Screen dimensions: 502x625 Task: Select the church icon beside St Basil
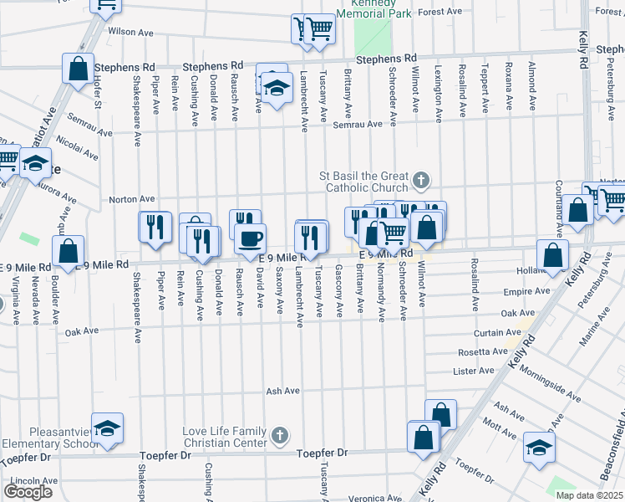(x=423, y=178)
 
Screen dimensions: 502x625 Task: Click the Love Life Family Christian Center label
(x=223, y=436)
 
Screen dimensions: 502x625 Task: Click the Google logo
(x=28, y=491)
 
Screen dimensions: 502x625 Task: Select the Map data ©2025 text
(x=589, y=495)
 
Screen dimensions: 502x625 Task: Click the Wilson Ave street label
(x=131, y=32)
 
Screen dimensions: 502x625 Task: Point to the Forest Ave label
(x=442, y=12)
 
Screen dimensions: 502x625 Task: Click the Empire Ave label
(x=528, y=291)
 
